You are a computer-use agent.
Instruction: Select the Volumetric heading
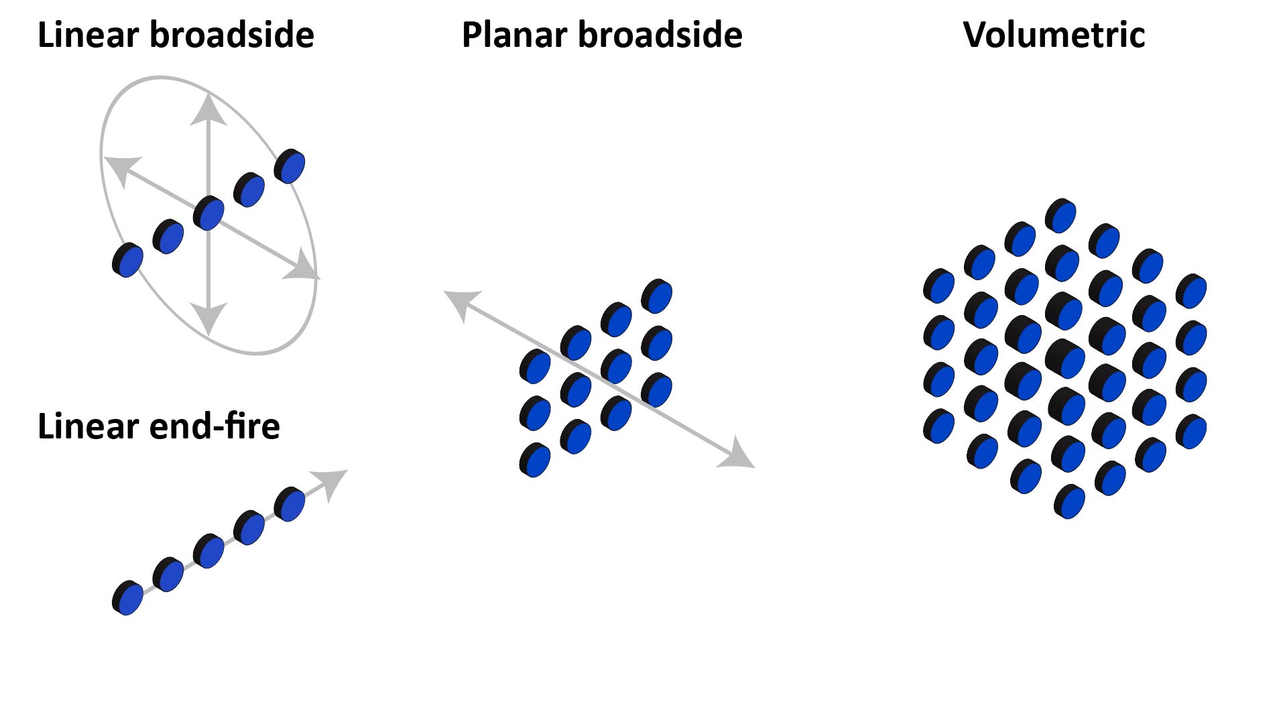pos(1054,35)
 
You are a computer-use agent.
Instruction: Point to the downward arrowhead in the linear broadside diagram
pos(209,318)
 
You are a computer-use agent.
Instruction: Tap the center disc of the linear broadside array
pos(208,213)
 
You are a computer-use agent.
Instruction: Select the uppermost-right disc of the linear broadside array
pos(290,166)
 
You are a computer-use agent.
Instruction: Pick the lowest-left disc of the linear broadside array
pos(127,260)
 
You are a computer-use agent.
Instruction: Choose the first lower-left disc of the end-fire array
pos(127,598)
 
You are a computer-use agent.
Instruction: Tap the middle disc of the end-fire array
pos(208,551)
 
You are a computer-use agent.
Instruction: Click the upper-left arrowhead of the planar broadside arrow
pos(461,303)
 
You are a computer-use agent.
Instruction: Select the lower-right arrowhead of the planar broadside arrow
pos(739,456)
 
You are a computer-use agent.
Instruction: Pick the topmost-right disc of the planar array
pos(657,296)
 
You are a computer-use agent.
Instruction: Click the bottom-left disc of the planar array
pos(535,460)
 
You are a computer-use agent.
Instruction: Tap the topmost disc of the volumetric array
pos(1060,216)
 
